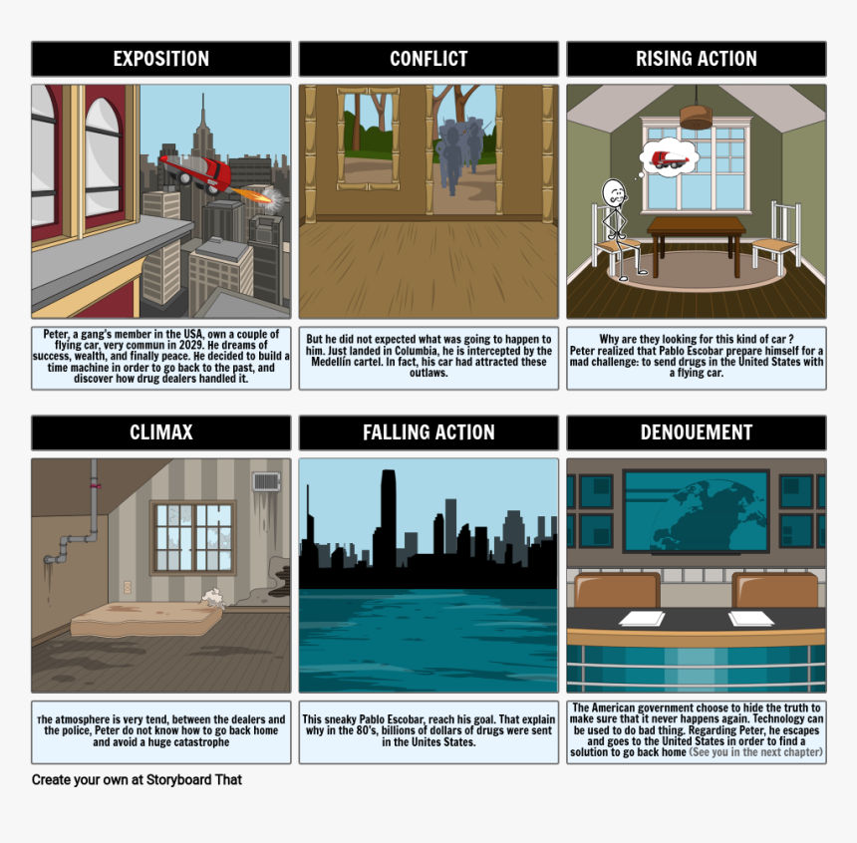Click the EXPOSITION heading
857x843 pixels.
tap(161, 59)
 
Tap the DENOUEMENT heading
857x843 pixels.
tap(697, 432)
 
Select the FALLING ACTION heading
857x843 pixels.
tap(428, 432)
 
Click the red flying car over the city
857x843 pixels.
tap(196, 172)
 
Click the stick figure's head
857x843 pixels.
tap(614, 193)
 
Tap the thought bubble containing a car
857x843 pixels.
tap(669, 158)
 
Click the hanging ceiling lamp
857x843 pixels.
tap(696, 114)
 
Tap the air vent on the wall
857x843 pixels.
tap(266, 481)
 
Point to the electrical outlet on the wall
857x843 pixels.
tap(128, 588)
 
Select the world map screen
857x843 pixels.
tap(697, 511)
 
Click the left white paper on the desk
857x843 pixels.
tap(642, 619)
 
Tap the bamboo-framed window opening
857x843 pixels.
tap(368, 140)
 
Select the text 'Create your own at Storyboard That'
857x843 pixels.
tap(137, 779)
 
